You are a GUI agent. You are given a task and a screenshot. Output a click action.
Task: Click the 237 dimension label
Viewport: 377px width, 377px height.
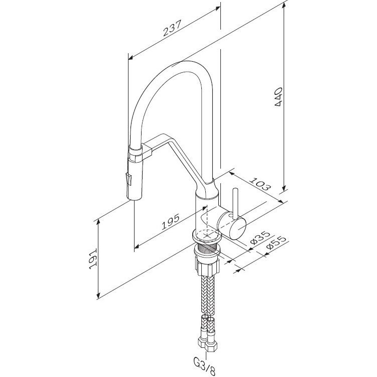pos(172,28)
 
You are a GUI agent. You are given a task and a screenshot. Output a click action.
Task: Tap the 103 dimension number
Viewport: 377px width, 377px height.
pos(260,184)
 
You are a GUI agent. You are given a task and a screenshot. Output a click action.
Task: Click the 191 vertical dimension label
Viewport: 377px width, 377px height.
pos(93,258)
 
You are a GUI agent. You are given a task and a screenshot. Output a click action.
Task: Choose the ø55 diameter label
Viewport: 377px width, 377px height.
pos(277,243)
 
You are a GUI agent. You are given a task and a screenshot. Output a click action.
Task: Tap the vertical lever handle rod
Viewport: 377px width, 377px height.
pos(235,204)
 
